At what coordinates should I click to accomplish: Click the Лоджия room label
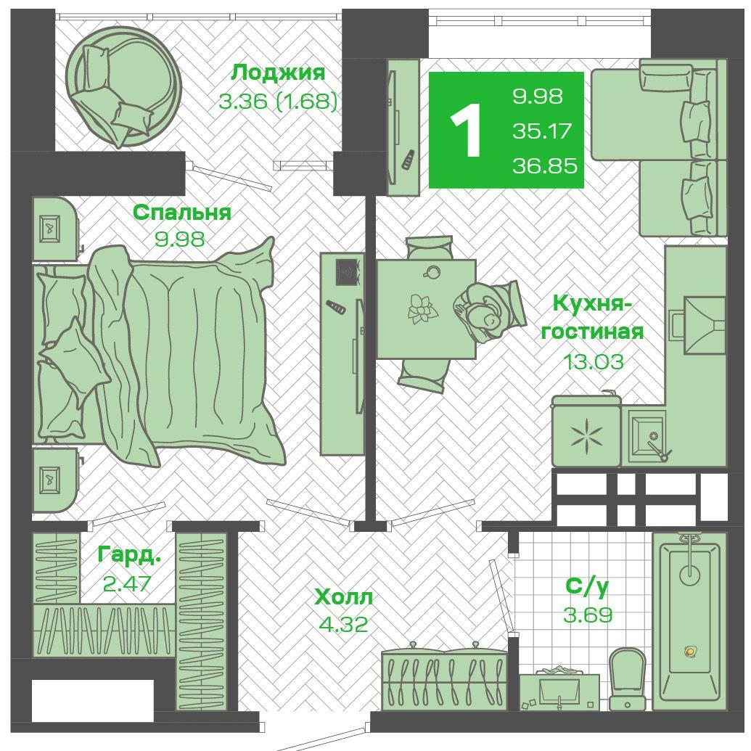coord(278,73)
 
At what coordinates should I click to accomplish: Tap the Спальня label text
coord(181,212)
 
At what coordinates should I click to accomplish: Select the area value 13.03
coord(593,361)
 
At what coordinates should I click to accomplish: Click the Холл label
coord(343,596)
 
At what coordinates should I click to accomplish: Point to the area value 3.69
coord(588,615)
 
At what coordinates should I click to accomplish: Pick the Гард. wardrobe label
coord(129,555)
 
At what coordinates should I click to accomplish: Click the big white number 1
coord(467,131)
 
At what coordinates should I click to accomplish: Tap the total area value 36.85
coord(545,165)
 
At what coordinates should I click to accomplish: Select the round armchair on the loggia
coord(123,86)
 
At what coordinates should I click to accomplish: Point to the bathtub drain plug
coord(690,572)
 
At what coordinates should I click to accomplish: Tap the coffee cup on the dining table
coord(432,272)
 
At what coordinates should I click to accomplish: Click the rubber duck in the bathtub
coord(690,652)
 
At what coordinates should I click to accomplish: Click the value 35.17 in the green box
coord(542,131)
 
